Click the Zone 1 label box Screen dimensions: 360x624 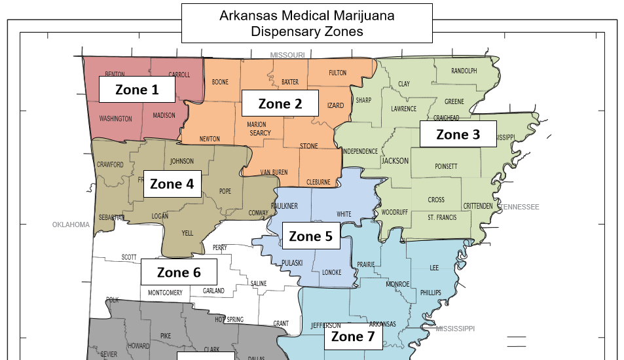click(x=137, y=90)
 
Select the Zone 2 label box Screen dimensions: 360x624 click(x=280, y=103)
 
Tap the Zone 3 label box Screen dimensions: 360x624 click(x=458, y=135)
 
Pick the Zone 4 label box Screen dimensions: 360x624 click(x=172, y=184)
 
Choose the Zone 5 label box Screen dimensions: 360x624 click(x=311, y=236)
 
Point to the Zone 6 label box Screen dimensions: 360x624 click(x=179, y=272)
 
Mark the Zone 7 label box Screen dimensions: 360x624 click(x=352, y=336)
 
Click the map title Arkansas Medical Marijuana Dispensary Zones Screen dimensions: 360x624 click(x=306, y=24)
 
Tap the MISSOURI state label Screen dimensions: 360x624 click(x=287, y=55)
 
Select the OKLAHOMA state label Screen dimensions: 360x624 click(x=71, y=225)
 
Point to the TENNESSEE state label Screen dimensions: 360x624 click(x=518, y=207)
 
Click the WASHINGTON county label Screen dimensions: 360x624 click(x=115, y=119)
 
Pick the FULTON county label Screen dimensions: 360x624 click(x=337, y=73)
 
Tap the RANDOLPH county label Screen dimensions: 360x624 click(x=464, y=71)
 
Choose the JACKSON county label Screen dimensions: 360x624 click(x=395, y=160)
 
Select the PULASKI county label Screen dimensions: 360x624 click(x=292, y=262)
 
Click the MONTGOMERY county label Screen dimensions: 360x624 click(x=165, y=293)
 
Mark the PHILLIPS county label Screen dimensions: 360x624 click(x=431, y=292)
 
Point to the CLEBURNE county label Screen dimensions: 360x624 click(x=318, y=182)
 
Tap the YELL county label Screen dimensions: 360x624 click(x=187, y=232)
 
